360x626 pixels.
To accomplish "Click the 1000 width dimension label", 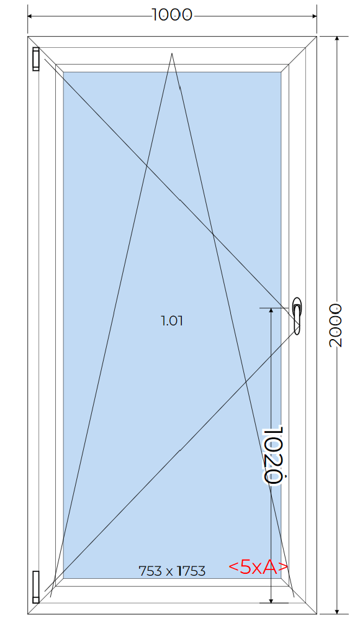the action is (172, 15).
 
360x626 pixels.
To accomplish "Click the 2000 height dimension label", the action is (336, 325).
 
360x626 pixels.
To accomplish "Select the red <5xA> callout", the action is (258, 567).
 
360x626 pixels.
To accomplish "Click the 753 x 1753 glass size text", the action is (172, 571).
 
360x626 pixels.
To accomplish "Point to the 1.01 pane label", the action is (172, 320).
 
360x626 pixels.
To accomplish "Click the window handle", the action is (297, 315).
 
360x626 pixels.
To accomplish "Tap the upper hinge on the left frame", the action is (36, 59).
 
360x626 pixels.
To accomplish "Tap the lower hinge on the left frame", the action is (36, 586).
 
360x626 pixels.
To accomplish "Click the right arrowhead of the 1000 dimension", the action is (314, 16).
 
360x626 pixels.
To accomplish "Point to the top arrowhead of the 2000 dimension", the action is (337, 39).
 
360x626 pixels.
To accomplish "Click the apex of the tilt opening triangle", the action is (172, 53).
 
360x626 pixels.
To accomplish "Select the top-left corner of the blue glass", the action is (63, 72).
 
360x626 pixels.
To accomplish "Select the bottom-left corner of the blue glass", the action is (63, 578).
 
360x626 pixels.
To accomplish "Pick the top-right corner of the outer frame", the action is (317, 36).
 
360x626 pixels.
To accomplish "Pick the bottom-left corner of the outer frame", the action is (27, 614).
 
